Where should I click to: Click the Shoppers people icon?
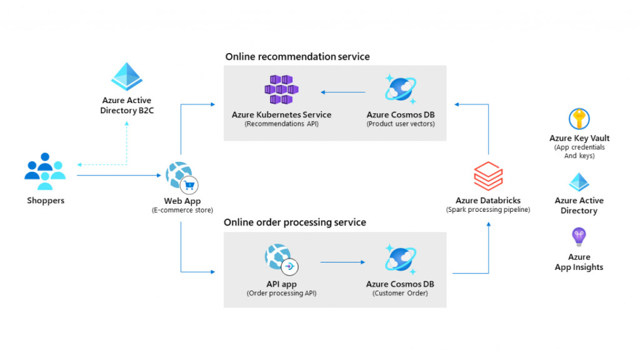coord(45,171)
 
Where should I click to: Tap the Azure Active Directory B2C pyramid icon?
coord(127,77)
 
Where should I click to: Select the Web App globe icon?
coord(180,176)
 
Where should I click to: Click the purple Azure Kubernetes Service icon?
coord(279,90)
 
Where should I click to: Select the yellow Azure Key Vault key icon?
coord(579,119)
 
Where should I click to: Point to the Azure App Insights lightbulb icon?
coord(579,237)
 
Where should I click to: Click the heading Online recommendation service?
coord(297,57)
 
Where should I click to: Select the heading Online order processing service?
coord(295,222)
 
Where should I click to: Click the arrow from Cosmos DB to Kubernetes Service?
coord(343,92)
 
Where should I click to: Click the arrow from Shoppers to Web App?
coord(119,176)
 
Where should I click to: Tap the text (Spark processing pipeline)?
coord(488,210)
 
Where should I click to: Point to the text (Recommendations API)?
coord(281,124)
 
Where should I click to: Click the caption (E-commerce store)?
coord(182,211)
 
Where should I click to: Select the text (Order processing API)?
coord(281,293)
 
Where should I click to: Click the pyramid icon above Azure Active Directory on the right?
coord(579,182)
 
